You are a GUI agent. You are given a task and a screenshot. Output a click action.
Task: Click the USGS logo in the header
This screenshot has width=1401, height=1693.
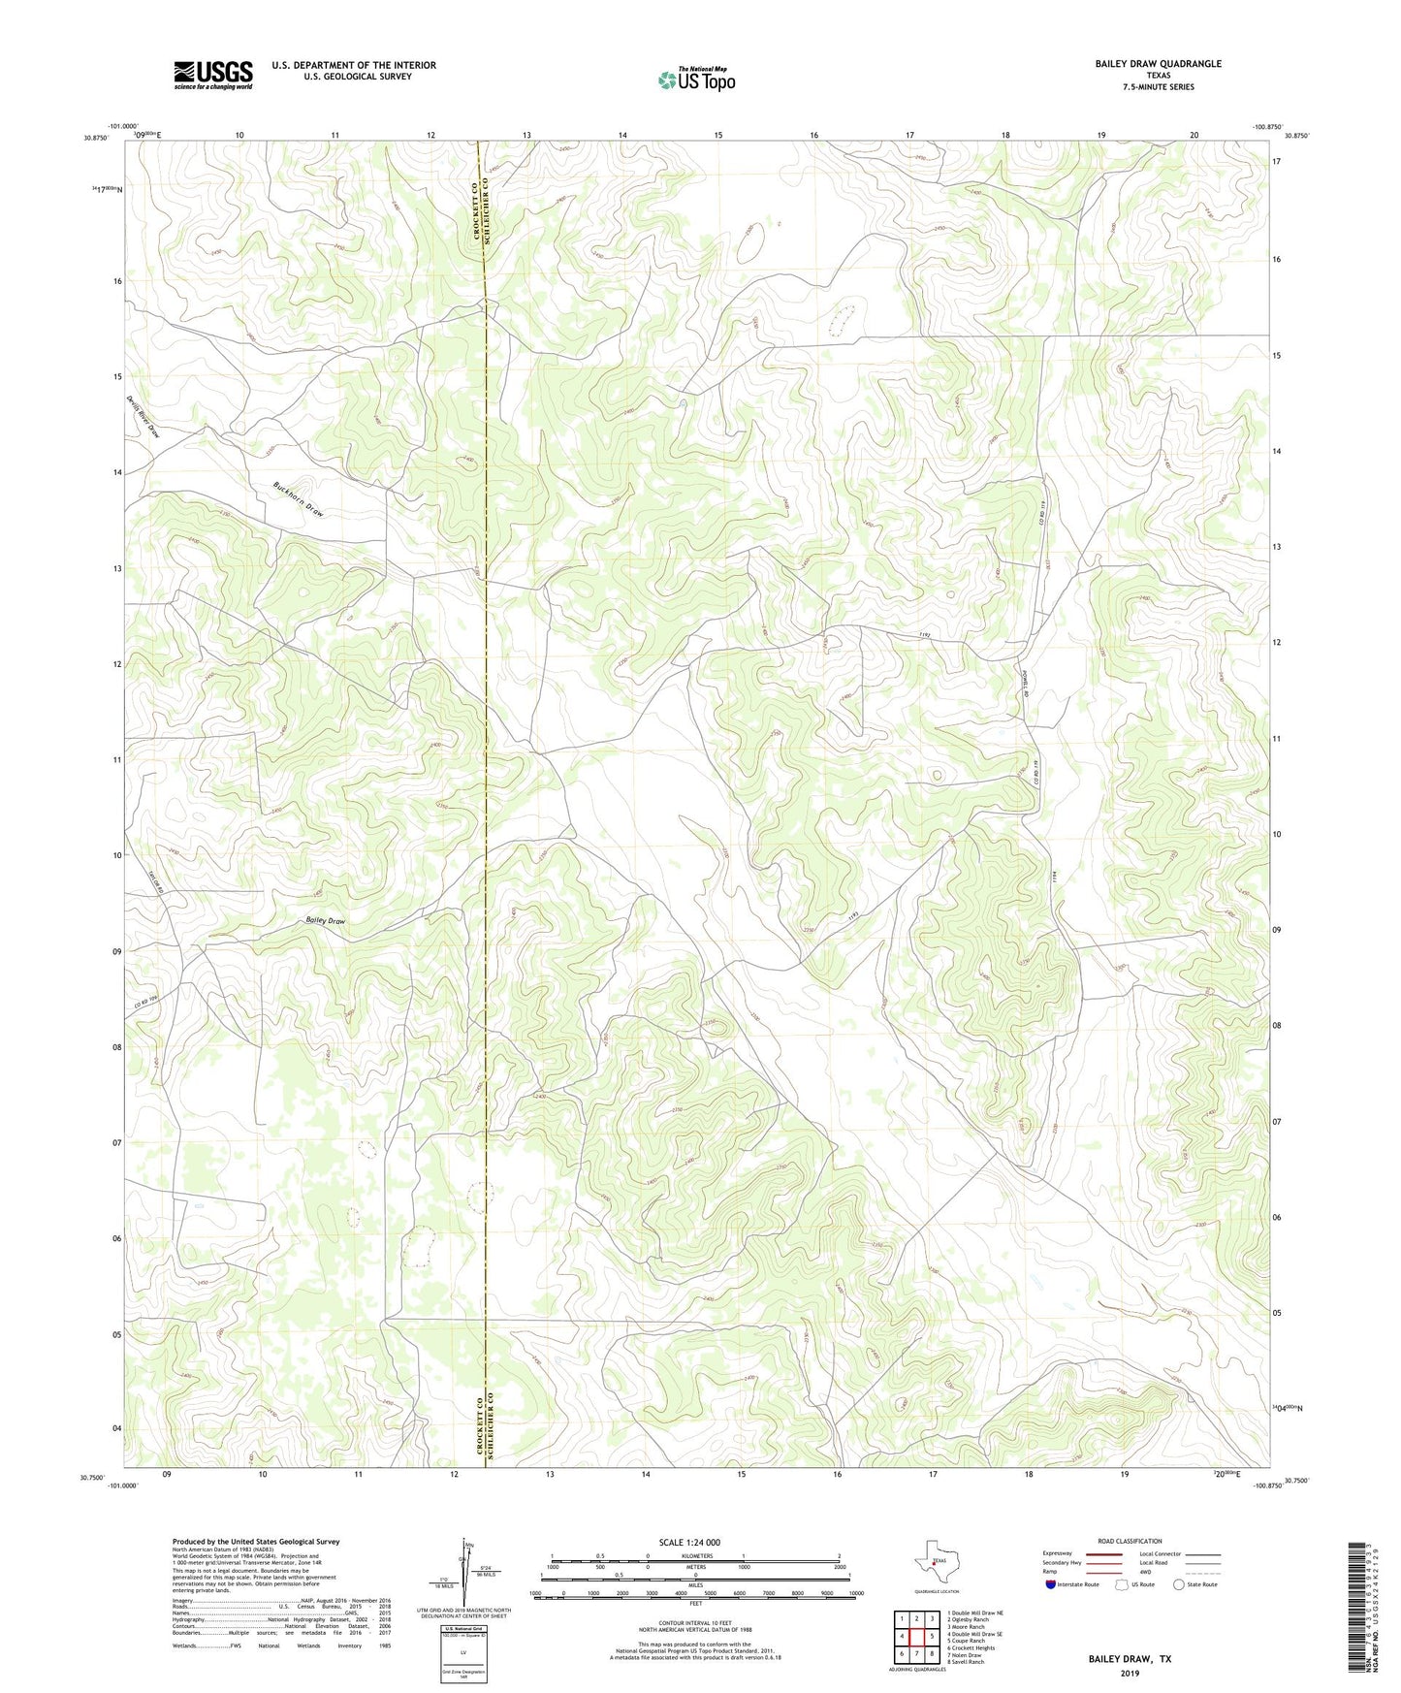(213, 75)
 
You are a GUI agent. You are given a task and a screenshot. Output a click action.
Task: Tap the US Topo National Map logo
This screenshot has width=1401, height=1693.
(696, 80)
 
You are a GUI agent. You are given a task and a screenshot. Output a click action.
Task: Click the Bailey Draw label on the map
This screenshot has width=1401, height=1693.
(325, 920)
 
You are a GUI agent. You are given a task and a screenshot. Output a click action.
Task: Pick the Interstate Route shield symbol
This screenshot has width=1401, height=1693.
(1052, 1584)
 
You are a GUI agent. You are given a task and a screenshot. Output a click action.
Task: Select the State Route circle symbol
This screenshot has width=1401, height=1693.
(1179, 1584)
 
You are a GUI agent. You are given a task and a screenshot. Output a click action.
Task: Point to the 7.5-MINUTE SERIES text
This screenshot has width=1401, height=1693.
(1158, 87)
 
